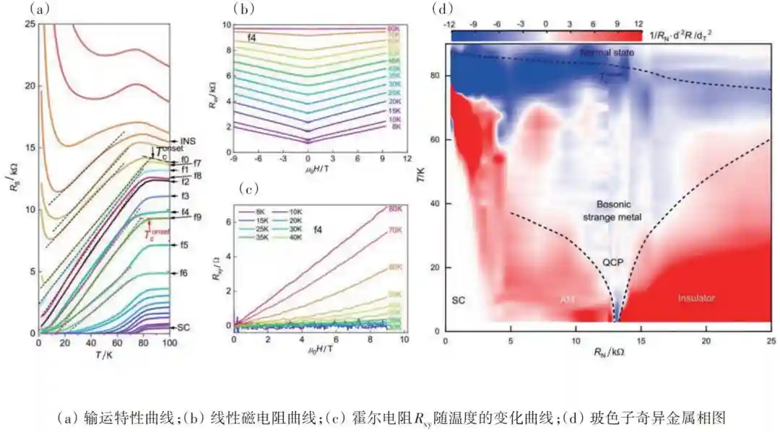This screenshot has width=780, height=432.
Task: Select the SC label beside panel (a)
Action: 183,327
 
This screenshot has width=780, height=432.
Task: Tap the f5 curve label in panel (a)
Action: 184,245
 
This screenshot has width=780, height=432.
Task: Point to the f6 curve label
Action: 184,273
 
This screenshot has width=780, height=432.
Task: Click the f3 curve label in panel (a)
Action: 185,196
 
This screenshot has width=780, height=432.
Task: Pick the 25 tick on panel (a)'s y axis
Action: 30,24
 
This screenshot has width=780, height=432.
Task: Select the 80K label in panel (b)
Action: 395,30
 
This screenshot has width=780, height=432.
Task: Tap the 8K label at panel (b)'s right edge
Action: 395,127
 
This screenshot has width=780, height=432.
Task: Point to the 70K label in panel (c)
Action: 394,232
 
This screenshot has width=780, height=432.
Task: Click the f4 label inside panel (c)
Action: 318,229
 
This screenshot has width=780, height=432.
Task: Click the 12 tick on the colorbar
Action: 638,24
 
